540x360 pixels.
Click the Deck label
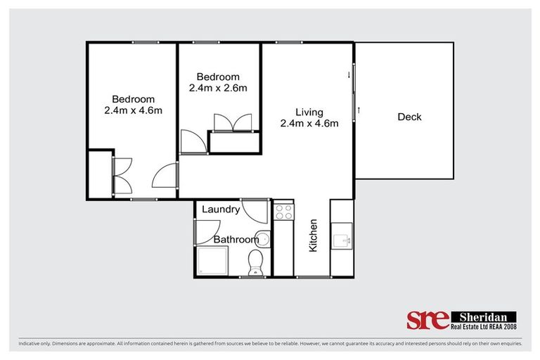point(409,117)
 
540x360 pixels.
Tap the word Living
point(309,112)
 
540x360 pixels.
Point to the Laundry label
point(221,210)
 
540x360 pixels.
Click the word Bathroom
point(236,240)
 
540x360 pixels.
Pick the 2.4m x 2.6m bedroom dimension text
point(218,89)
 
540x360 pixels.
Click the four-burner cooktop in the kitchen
point(283,212)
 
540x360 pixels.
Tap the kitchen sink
point(343,239)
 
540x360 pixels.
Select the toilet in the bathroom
point(255,263)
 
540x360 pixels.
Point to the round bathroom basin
point(263,238)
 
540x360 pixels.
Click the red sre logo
point(427,320)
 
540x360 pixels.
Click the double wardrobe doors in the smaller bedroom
point(232,122)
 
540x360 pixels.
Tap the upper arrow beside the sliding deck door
point(349,72)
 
